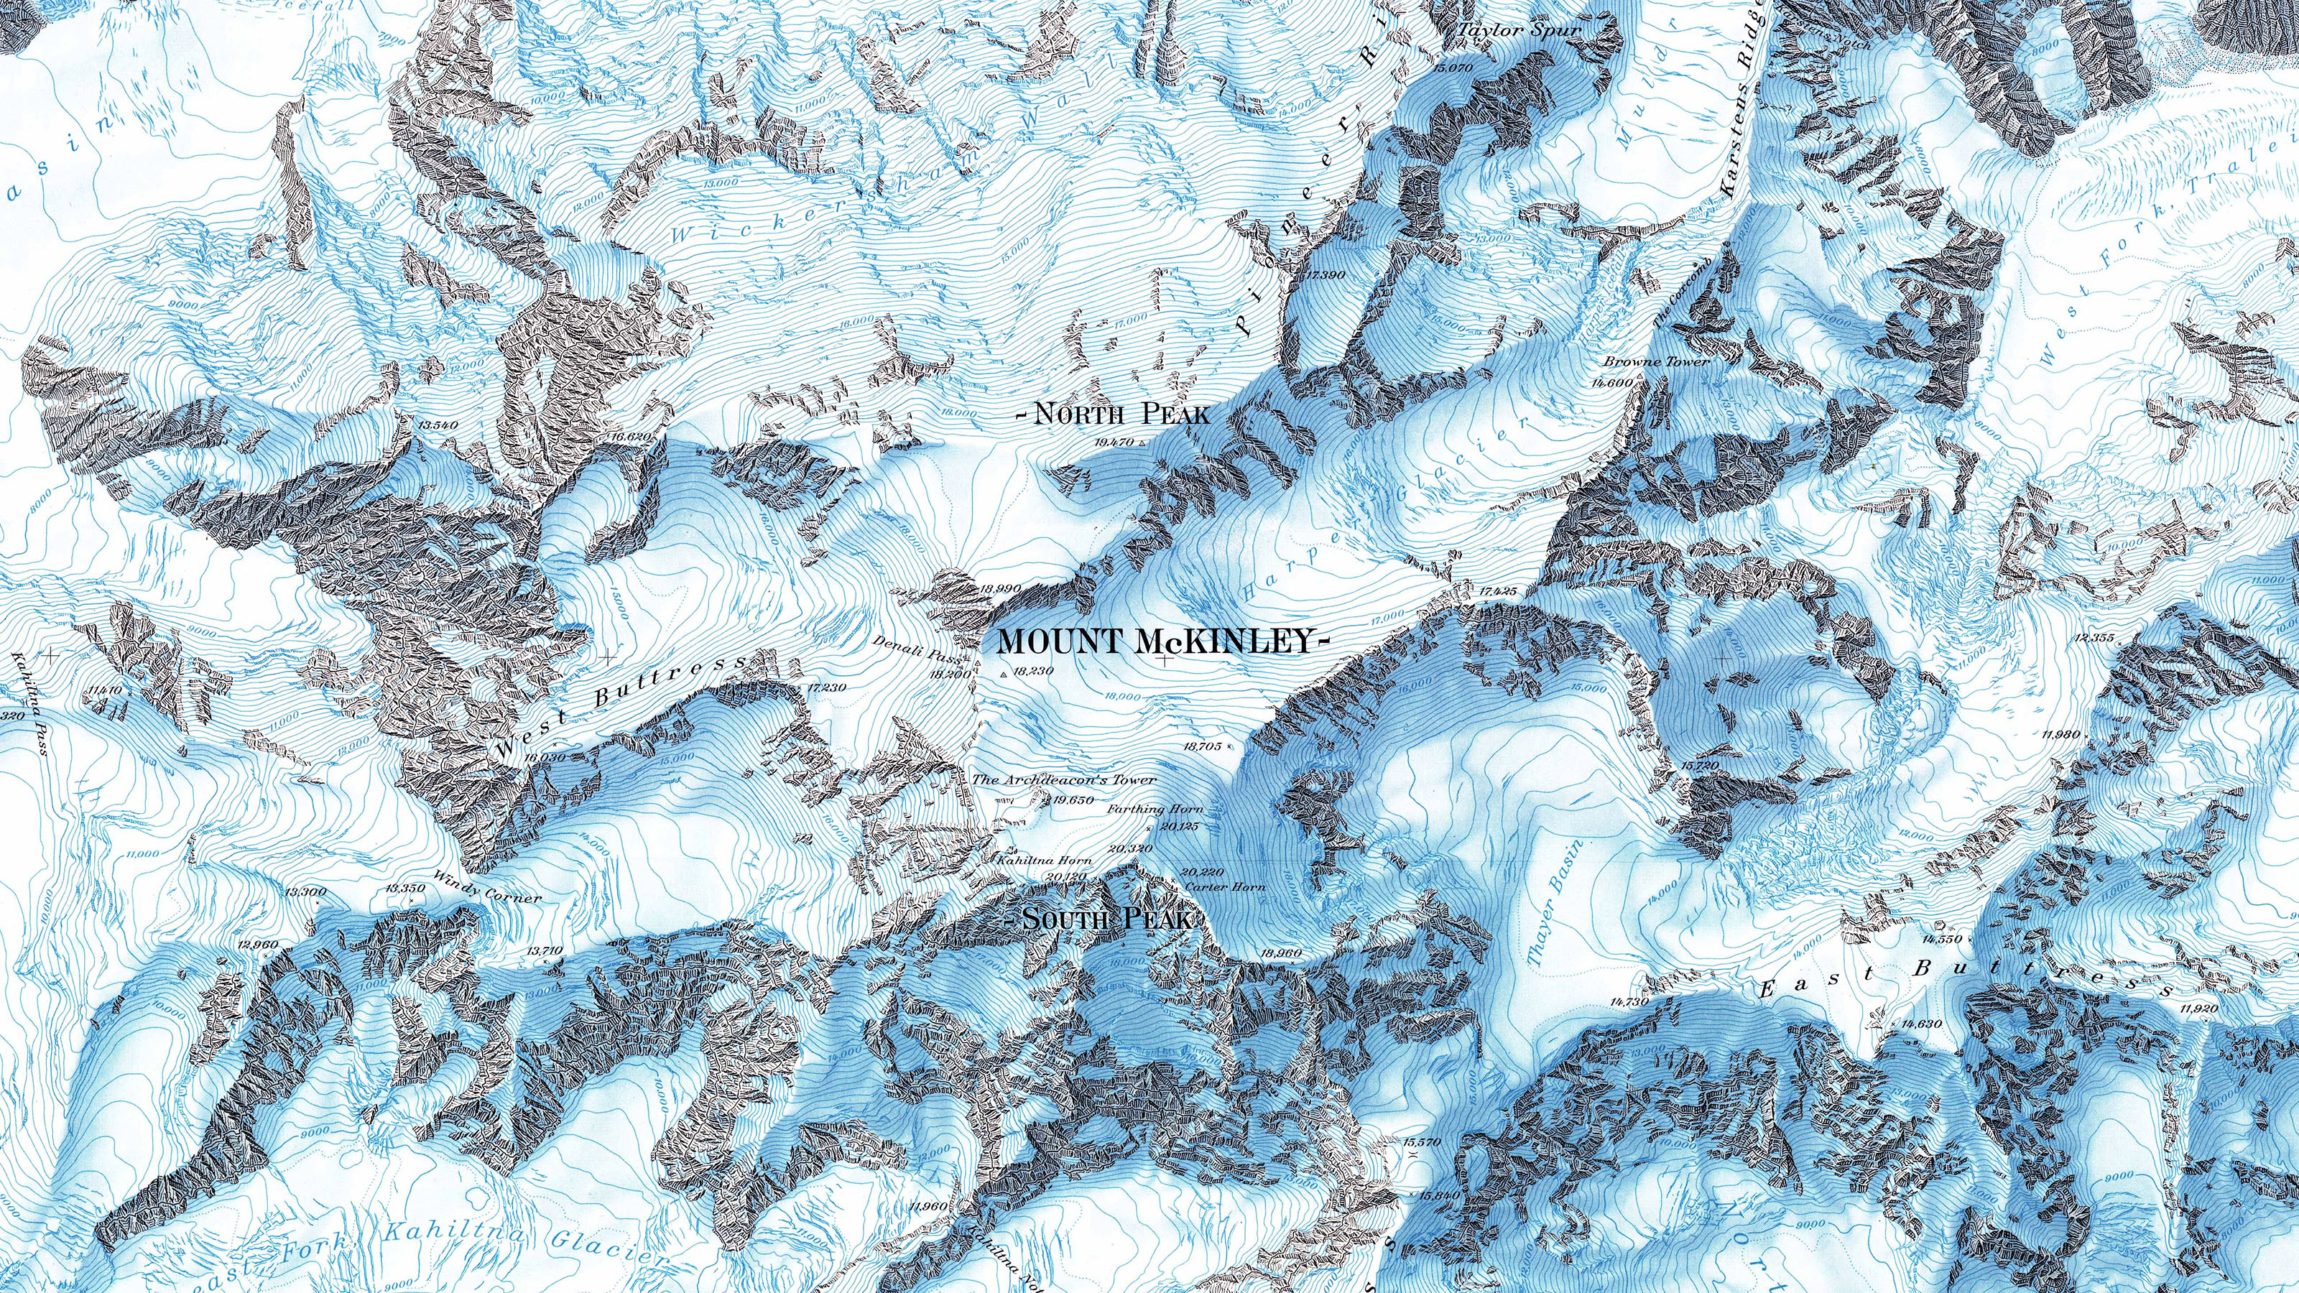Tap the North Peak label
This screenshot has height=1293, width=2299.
(x=1115, y=414)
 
